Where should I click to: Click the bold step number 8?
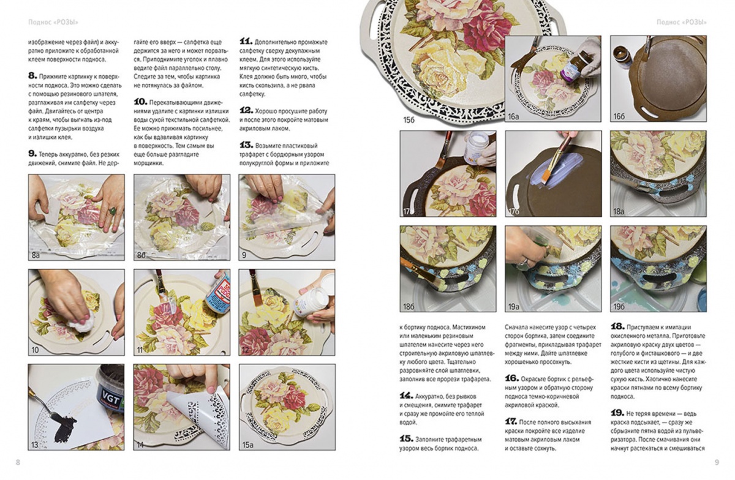[32, 76]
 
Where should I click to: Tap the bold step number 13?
[246, 145]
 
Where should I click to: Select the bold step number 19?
[617, 413]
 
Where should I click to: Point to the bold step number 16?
[512, 378]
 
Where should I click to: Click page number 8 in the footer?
[18, 462]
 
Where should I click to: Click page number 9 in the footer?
[717, 462]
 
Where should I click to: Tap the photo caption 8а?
[36, 255]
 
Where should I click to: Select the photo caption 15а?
[247, 445]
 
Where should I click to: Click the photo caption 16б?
[619, 116]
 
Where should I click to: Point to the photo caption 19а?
[514, 307]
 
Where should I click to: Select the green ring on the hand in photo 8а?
[111, 211]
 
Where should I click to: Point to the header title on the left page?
[53, 22]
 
